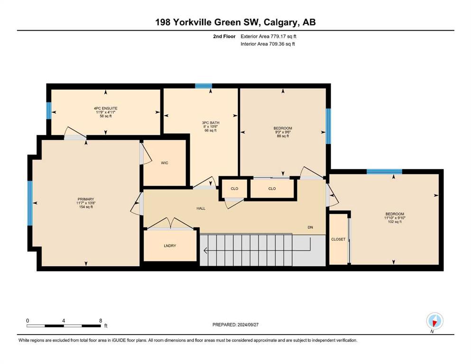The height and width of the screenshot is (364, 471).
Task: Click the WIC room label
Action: pos(165,163)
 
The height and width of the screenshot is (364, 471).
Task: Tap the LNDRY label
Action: pos(170,246)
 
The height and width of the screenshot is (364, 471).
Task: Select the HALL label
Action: pos(201,208)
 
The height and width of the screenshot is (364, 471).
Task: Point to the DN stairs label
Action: pos(310,227)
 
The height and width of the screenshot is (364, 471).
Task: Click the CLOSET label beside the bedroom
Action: pos(338,239)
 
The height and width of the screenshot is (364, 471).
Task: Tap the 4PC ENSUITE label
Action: pos(106,109)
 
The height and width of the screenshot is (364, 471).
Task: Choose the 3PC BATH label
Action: pos(211,123)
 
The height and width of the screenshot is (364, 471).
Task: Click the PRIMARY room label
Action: pos(86,199)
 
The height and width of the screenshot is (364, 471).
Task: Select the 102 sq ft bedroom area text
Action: pos(395,222)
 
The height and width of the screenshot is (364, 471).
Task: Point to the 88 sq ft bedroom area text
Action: pos(283,136)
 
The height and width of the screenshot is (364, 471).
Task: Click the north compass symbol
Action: pos(434,321)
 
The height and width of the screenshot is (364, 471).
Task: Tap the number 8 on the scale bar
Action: pos(101,320)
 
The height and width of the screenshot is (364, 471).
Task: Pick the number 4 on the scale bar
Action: pos(64,320)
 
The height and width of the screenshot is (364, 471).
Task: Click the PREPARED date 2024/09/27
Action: pos(248,325)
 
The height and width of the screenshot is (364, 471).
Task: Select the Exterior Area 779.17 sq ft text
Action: pos(268,36)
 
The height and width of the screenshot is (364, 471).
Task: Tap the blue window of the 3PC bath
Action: pos(203,86)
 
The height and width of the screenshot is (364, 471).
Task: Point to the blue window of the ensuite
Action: pos(49,110)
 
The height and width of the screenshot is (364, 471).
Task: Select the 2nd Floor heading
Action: pos(224,36)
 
